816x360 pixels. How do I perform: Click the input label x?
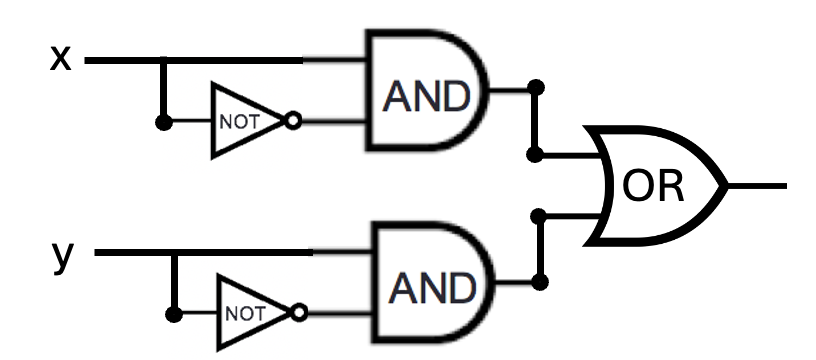click(60, 58)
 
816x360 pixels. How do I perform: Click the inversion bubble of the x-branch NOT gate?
click(294, 121)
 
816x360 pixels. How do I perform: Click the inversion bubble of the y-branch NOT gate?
click(299, 313)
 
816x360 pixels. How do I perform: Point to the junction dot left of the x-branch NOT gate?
click(164, 122)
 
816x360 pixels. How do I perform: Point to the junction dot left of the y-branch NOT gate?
click(174, 314)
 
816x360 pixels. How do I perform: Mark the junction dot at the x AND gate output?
click(536, 87)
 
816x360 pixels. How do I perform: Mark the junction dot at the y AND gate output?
click(540, 282)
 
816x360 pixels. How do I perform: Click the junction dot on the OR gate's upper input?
click(535, 155)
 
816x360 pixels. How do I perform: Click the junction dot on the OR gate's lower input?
click(539, 215)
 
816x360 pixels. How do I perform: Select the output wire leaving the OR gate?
click(757, 186)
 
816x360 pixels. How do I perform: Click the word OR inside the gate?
click(653, 187)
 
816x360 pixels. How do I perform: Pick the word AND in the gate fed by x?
click(427, 97)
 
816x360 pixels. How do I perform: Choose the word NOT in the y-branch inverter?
click(245, 314)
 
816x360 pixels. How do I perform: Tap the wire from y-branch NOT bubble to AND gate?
click(339, 313)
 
